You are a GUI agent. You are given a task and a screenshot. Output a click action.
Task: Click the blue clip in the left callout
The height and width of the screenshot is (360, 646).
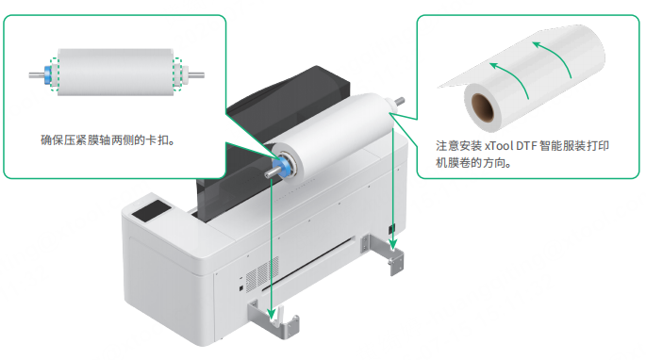[48, 74]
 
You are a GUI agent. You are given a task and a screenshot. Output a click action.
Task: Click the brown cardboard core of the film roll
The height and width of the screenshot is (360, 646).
[483, 107]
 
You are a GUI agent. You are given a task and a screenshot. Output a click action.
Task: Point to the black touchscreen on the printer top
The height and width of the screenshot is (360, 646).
[151, 211]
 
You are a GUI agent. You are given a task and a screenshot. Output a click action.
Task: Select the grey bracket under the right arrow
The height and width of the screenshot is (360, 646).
[383, 253]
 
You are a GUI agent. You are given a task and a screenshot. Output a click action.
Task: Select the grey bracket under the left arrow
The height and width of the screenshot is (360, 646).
[274, 319]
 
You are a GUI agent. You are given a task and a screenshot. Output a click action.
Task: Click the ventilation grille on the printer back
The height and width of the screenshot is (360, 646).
[262, 273]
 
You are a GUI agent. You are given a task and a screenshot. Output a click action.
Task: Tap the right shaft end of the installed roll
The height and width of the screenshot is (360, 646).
[399, 102]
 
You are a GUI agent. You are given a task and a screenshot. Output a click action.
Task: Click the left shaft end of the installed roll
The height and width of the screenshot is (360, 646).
[270, 173]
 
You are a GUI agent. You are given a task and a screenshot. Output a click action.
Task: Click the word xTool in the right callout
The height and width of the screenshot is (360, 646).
[499, 146]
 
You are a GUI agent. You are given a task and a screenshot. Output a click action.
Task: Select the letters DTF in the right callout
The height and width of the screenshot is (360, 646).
[526, 146]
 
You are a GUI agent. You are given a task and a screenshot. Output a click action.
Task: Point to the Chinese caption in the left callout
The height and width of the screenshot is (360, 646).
[108, 140]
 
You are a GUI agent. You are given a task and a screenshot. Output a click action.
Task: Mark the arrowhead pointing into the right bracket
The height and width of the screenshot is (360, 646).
[393, 244]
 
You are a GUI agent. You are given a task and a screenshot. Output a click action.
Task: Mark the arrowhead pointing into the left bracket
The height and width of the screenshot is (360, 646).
[271, 314]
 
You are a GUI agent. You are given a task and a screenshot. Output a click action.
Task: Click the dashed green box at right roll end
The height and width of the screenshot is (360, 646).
[177, 74]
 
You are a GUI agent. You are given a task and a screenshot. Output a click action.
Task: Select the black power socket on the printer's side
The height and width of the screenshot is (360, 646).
[391, 229]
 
